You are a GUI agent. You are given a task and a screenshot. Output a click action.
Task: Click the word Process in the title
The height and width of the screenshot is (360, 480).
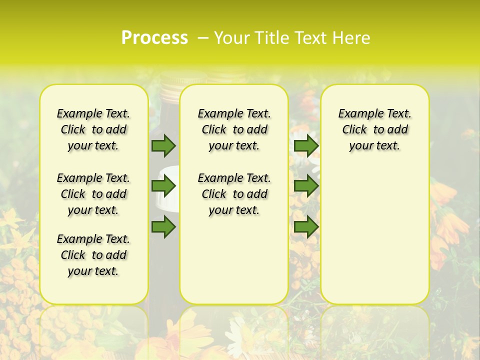154,37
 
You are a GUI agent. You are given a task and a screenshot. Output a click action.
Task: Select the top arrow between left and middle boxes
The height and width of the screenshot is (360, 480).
163,145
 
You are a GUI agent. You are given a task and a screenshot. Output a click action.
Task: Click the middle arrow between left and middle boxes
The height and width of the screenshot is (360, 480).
163,186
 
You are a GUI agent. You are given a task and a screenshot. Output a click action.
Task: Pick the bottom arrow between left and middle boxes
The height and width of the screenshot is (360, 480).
163,226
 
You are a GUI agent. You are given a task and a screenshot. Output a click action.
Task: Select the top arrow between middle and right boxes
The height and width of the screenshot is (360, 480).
306,145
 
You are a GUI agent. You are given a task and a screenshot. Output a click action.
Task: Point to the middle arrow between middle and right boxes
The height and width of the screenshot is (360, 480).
306,186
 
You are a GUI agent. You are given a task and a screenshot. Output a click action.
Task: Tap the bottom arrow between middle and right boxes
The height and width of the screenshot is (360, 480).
306,226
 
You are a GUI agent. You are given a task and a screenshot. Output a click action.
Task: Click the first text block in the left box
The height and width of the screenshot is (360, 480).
93,129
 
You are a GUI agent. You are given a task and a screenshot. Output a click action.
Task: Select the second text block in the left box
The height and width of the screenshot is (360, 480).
93,194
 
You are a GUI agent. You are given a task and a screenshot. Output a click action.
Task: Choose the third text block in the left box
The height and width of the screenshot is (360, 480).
93,255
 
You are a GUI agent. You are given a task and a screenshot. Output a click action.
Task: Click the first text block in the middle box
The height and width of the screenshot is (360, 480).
234,129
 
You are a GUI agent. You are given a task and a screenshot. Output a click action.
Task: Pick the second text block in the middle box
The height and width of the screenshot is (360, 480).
234,194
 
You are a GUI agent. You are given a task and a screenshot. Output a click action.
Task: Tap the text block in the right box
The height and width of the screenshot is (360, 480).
374,129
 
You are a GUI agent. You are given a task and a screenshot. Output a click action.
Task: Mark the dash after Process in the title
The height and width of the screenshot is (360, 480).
203,37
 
